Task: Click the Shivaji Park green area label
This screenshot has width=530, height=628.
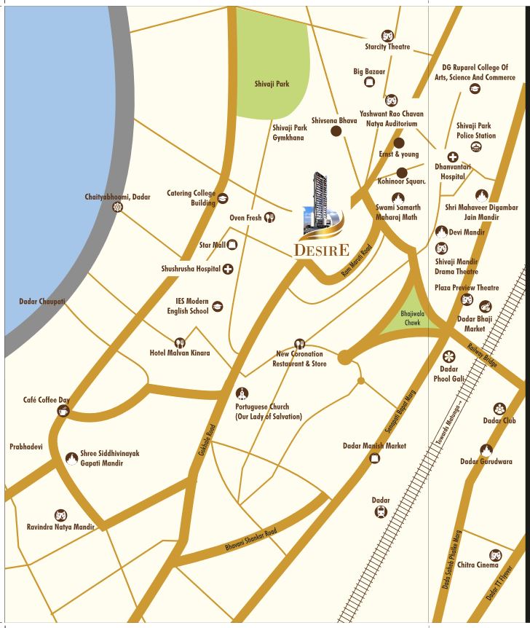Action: (x=272, y=84)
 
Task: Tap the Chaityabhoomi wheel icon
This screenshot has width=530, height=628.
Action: (x=118, y=208)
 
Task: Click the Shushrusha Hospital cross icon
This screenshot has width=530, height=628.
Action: (x=228, y=269)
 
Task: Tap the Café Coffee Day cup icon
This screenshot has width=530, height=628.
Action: (x=63, y=411)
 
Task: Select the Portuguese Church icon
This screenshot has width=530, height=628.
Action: (x=242, y=393)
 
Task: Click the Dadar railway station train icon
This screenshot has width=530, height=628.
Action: (x=379, y=512)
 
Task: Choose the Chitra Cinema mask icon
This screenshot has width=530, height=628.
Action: (x=495, y=555)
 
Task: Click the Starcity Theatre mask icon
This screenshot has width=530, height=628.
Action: (x=387, y=35)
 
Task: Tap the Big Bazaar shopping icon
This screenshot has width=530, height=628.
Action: (x=369, y=83)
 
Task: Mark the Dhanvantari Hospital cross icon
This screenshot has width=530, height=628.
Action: (x=452, y=157)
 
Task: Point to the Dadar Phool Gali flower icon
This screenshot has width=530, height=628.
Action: (x=449, y=355)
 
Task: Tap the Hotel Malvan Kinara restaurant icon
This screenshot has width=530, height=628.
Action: (x=179, y=342)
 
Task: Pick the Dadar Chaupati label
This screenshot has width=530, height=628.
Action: (x=42, y=301)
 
